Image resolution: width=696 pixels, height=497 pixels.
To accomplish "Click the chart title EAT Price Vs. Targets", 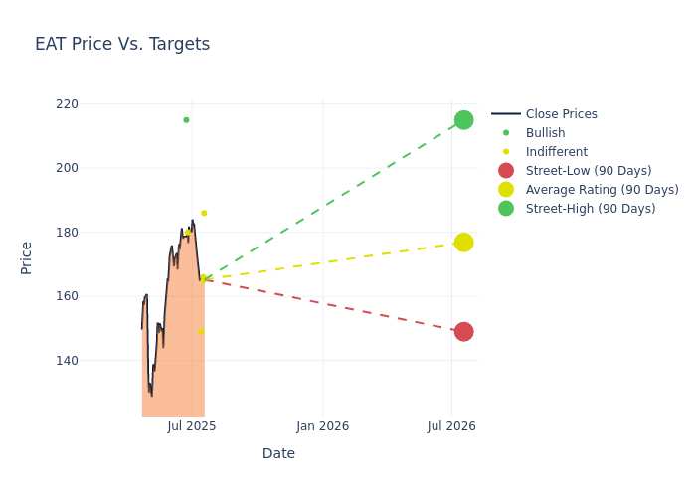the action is click(x=122, y=44).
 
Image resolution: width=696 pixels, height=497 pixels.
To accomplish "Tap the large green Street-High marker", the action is click(x=464, y=120).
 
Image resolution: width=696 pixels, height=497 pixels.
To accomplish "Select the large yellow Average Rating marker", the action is click(x=464, y=243).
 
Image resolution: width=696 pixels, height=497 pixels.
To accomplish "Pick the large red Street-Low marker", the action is click(x=464, y=331).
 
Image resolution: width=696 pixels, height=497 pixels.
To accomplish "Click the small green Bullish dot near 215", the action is click(x=186, y=120).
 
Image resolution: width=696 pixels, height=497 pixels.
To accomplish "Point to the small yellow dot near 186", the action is click(x=204, y=213).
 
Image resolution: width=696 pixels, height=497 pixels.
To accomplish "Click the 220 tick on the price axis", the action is click(x=67, y=104).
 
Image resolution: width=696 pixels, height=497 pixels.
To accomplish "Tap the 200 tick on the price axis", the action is click(x=67, y=168).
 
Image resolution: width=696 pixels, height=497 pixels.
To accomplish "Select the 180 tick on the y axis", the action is click(x=67, y=232).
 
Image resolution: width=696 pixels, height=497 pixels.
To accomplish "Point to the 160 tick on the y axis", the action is click(x=67, y=296).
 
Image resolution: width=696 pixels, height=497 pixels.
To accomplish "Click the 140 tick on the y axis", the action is click(x=67, y=360).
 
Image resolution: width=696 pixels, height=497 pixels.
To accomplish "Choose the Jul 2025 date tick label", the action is click(x=192, y=426).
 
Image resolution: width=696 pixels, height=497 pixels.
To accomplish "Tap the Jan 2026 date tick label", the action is click(x=323, y=426).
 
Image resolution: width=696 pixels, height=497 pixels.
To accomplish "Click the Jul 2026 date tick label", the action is click(x=451, y=426).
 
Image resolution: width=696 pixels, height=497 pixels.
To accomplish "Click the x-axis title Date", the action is click(x=278, y=453).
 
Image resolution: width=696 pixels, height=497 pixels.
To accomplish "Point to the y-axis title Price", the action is click(x=26, y=258).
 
